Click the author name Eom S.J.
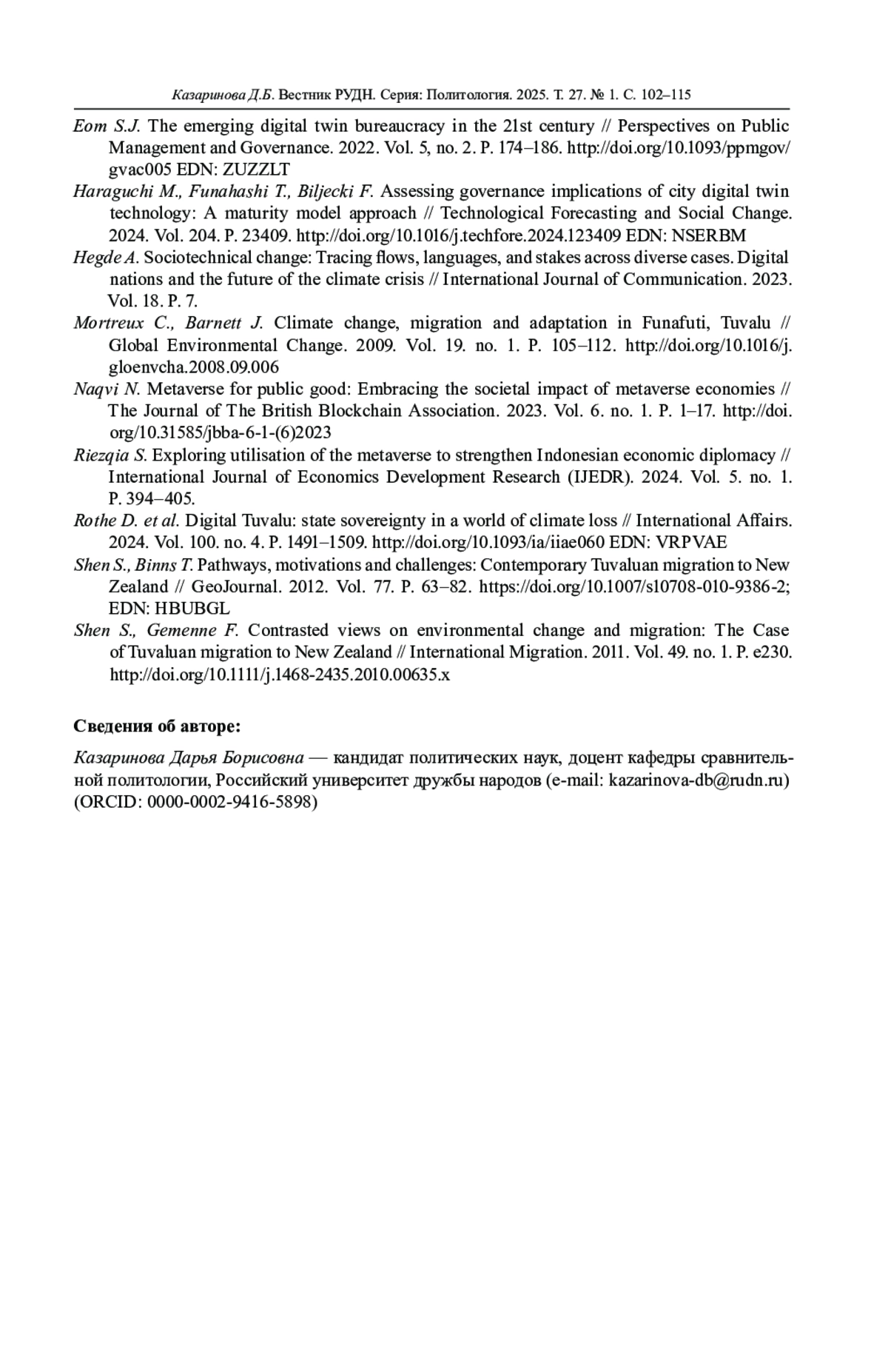(107, 126)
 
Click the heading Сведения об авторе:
(158, 726)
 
